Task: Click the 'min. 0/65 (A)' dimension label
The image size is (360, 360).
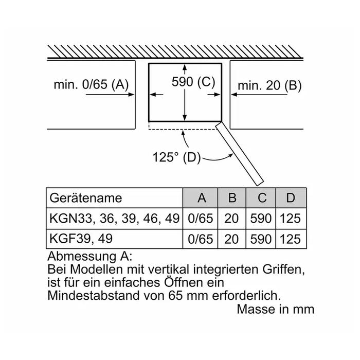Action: [91, 85]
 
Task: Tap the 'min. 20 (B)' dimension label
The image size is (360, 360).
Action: [269, 85]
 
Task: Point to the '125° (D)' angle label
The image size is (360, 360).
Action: [176, 157]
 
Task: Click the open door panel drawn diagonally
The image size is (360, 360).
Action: [240, 153]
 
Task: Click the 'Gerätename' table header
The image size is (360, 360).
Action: [86, 198]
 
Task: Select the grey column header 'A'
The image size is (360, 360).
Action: [201, 198]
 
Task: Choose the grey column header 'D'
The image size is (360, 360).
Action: [291, 198]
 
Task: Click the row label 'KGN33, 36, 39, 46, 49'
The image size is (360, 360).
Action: [114, 218]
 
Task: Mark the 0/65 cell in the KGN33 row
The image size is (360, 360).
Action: [201, 218]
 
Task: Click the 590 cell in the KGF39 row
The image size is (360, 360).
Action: [261, 239]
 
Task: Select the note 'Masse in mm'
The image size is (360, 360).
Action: [275, 310]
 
